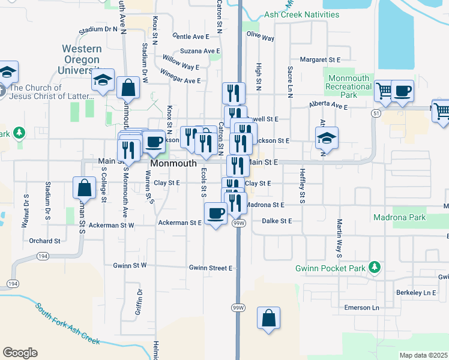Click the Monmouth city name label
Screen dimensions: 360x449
click(173, 163)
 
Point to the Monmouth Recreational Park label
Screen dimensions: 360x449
click(348, 86)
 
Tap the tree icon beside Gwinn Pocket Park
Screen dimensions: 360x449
click(375, 266)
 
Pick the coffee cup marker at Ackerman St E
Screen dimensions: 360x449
click(215, 213)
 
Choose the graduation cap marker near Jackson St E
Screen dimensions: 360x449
click(327, 138)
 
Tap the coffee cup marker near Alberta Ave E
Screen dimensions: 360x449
click(402, 91)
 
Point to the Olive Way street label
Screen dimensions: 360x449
click(261, 37)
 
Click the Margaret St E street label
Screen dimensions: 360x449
click(320, 60)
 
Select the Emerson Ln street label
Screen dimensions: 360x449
click(362, 308)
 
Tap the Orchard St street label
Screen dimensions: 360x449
click(44, 241)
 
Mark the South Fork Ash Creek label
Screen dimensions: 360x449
click(67, 325)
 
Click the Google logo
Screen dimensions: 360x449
click(20, 353)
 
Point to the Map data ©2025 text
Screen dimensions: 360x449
click(423, 355)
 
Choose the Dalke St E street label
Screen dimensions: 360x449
click(277, 221)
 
